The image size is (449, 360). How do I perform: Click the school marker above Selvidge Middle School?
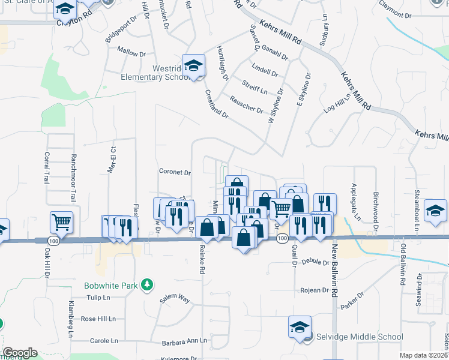(300, 327)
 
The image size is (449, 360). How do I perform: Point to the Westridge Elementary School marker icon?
(193, 65)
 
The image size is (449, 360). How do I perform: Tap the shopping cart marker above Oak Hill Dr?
(61, 222)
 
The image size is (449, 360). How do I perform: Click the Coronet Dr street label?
(175, 172)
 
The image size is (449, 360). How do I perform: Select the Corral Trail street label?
(46, 167)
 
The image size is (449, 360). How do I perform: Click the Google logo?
(20, 353)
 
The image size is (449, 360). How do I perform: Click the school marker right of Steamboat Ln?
(435, 211)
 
